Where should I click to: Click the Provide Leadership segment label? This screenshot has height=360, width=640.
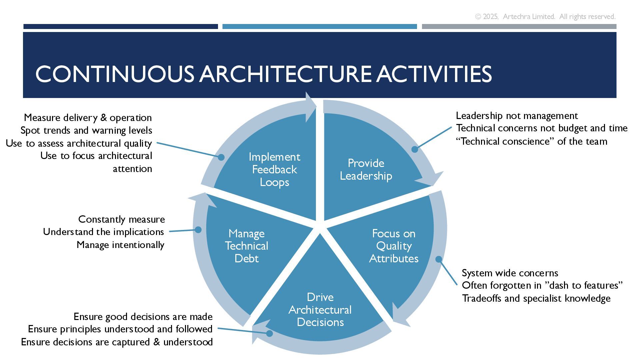[x=366, y=170]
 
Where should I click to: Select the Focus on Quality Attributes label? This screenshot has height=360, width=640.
[x=394, y=246]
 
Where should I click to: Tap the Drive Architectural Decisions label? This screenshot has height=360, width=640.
[x=320, y=310]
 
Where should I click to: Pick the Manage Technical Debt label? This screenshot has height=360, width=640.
[x=246, y=246]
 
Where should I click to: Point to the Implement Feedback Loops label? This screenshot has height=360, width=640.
[x=274, y=170]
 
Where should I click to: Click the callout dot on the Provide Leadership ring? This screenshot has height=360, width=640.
[x=415, y=149]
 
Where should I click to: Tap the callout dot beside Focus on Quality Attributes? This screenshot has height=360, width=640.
[x=439, y=259]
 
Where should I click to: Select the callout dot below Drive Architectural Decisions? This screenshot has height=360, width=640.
[x=269, y=333]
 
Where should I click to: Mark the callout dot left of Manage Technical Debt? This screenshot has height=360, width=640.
[x=198, y=230]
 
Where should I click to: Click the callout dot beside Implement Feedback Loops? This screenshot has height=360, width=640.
[x=221, y=157]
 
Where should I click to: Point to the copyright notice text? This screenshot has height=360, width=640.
[x=545, y=17]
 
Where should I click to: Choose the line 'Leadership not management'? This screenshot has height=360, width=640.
[x=517, y=116]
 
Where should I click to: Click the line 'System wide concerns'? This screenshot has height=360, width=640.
[x=510, y=273]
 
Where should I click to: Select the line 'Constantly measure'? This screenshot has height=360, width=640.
[x=121, y=219]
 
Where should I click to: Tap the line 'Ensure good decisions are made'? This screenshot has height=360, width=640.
[x=143, y=316]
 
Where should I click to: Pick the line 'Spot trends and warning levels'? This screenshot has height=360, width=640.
[x=86, y=130]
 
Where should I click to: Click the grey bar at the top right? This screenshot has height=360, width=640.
[x=519, y=26]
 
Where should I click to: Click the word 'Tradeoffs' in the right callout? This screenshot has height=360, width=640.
[x=482, y=298]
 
